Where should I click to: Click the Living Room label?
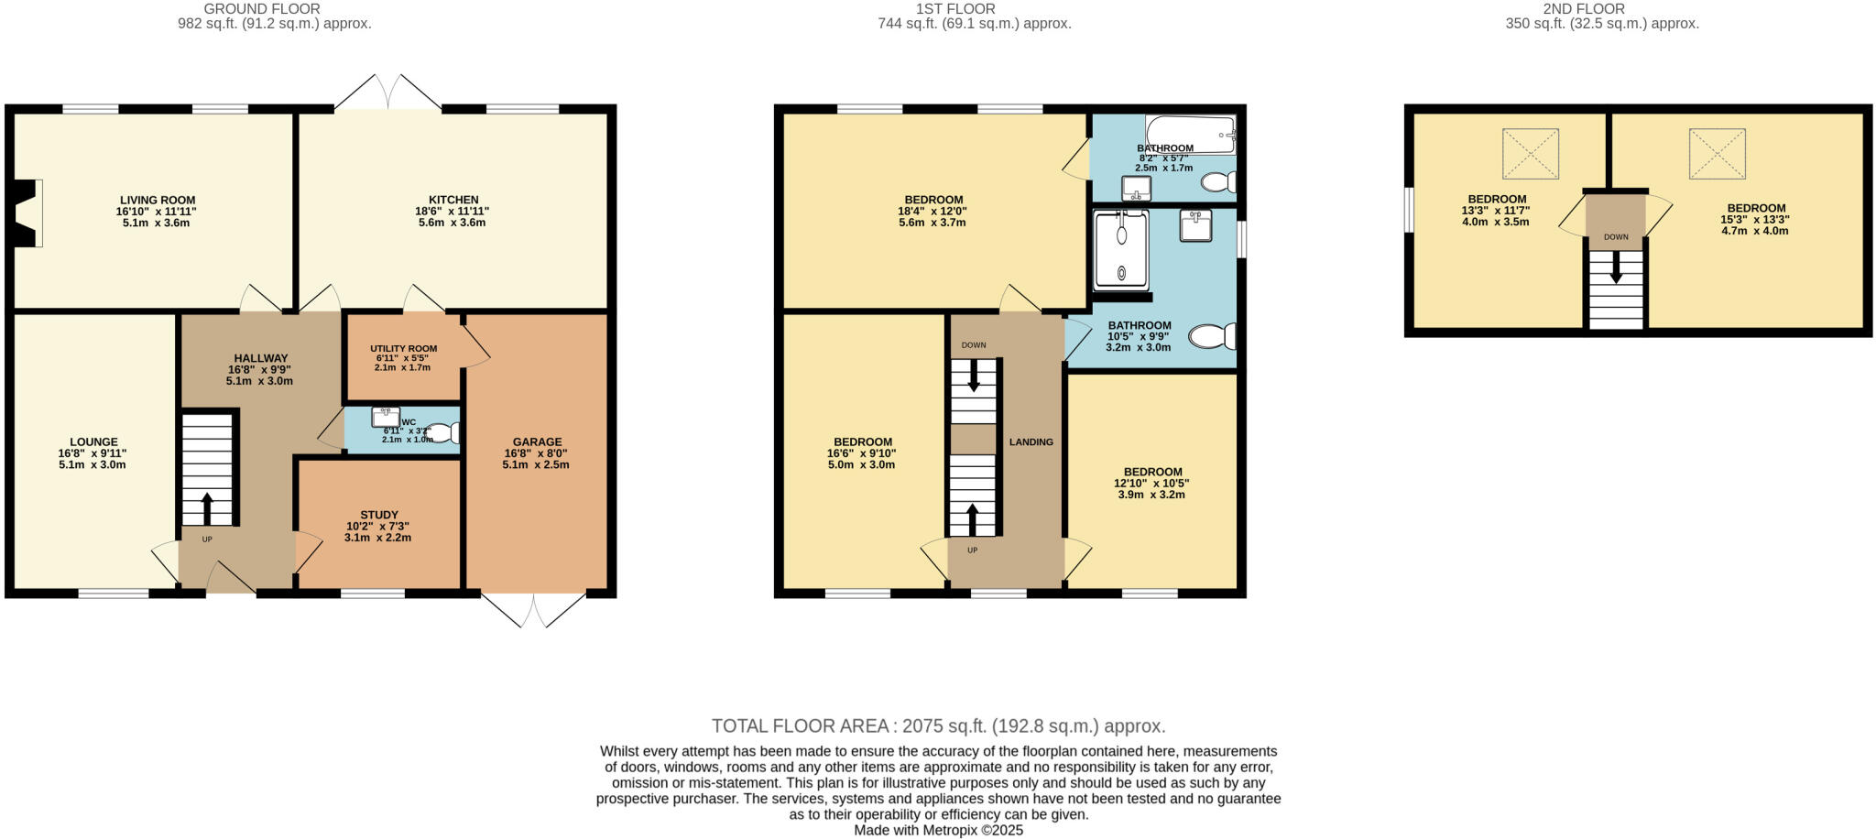click(158, 200)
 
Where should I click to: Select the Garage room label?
click(537, 441)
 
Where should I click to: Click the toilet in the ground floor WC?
click(442, 433)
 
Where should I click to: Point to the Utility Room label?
click(403, 349)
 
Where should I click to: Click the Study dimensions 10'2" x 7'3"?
click(377, 527)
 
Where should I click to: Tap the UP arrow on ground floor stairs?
click(207, 508)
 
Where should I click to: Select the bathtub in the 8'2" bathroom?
click(1189, 135)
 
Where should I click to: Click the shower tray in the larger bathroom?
click(1120, 250)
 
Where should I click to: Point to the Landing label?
click(1031, 441)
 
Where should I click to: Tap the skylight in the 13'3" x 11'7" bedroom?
click(1530, 153)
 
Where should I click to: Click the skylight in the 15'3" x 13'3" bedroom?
click(1717, 153)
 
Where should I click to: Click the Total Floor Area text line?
click(938, 726)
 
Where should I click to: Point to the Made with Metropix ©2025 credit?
click(938, 831)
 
